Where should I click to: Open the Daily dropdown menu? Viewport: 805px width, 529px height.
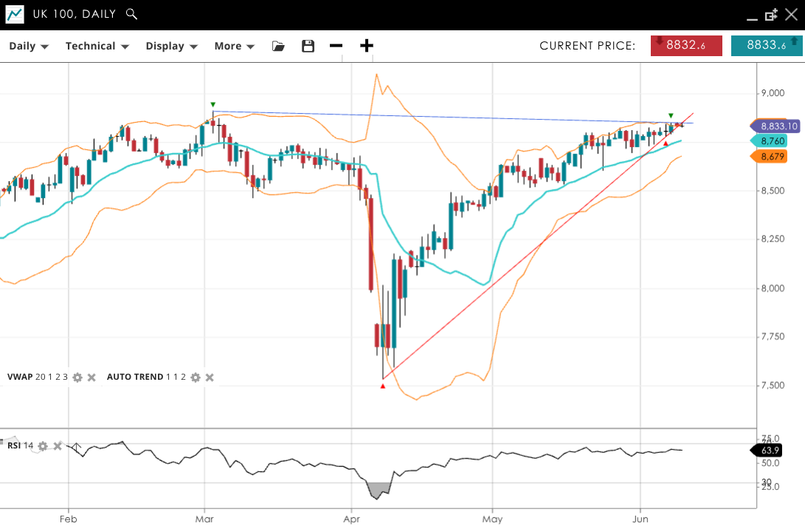coord(28,46)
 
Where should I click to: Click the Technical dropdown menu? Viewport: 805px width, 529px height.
coord(97,46)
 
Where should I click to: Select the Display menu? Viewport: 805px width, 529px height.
coord(171,46)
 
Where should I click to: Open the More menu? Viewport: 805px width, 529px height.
coord(234,46)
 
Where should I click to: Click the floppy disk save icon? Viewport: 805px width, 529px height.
coord(308,46)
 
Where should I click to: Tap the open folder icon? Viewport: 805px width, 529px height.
coord(278,46)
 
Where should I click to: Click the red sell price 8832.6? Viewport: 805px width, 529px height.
coord(686,45)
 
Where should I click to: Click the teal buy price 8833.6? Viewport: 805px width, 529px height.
coord(767,45)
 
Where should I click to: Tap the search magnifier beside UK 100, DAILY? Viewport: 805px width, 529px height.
coord(131,14)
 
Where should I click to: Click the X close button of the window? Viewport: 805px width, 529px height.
coord(791,14)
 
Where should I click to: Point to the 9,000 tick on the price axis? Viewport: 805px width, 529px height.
coord(773,93)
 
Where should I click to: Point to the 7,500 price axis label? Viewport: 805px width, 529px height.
coord(773,386)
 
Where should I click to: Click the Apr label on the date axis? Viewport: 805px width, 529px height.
coord(351,519)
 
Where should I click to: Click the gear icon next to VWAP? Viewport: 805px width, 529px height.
coord(77,378)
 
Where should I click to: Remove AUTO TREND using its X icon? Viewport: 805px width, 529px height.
coord(210,378)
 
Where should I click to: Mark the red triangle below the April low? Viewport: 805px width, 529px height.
coord(383,386)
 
